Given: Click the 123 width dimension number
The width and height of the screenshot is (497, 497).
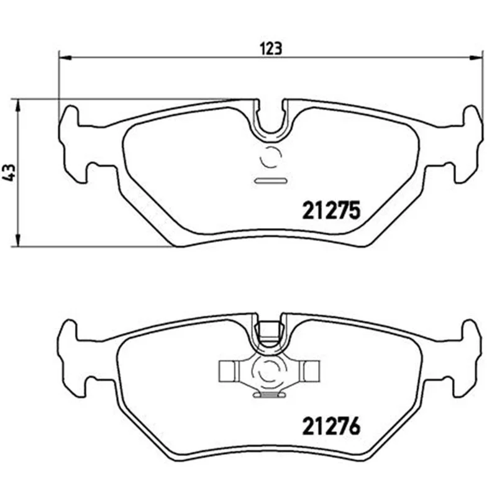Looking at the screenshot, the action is click(270, 48).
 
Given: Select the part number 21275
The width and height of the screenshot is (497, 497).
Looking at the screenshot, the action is click(332, 210).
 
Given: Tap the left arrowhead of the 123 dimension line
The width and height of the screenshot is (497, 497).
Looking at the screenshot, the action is click(65, 58).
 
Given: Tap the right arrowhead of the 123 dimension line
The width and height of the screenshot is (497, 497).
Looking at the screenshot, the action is click(476, 58).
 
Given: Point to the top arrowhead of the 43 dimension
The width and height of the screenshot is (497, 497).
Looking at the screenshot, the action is click(18, 105).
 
